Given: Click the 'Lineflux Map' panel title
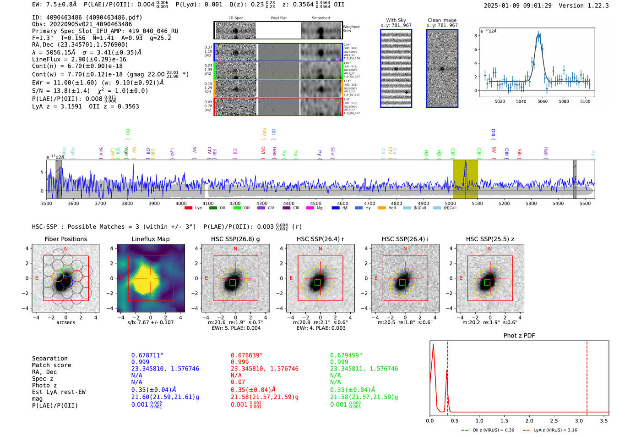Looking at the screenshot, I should (x=150, y=239).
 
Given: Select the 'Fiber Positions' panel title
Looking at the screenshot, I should (x=65, y=239).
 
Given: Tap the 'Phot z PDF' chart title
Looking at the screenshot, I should (x=519, y=336).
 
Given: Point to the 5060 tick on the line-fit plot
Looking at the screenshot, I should (x=543, y=101).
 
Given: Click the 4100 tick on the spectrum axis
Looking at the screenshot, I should (x=208, y=204).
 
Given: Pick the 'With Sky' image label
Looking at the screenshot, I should (x=396, y=20).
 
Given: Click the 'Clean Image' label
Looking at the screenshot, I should (x=442, y=20).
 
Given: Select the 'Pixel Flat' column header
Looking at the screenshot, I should (x=278, y=18).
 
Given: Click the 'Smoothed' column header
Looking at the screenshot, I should (x=320, y=18).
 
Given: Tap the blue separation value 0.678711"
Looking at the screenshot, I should (x=147, y=355).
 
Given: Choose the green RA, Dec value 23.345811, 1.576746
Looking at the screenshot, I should (x=364, y=369).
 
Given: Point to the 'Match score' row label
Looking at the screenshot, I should (x=51, y=365).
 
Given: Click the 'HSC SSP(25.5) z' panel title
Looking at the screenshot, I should (x=490, y=239).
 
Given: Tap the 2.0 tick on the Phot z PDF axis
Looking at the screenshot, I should (x=529, y=420).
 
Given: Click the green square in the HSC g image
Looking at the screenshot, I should (x=233, y=282).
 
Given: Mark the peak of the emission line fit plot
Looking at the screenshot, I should (x=539, y=33).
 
